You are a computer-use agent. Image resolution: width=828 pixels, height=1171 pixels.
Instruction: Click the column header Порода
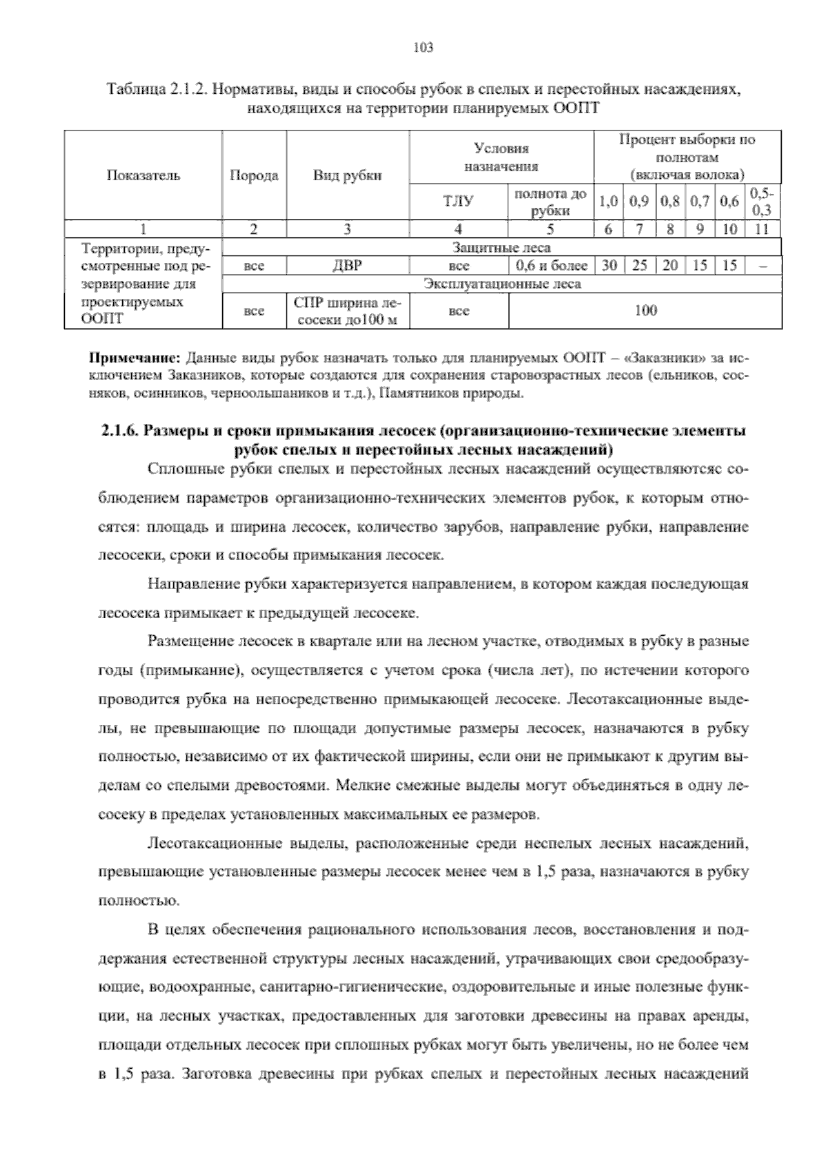253,175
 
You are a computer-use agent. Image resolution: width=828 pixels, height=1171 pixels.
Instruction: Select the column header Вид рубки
347,175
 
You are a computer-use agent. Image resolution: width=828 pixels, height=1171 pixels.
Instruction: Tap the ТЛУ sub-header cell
458,202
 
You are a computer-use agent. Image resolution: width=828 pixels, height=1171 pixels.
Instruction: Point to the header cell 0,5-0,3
762,202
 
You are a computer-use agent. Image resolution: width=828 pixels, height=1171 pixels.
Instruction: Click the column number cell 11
762,229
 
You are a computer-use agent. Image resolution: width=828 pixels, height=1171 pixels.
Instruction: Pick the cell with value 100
645,311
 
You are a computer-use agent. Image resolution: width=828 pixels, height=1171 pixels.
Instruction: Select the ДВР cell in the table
347,266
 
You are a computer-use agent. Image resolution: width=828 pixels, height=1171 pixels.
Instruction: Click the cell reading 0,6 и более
551,266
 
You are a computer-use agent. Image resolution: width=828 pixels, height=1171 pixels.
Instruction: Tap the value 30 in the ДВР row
608,266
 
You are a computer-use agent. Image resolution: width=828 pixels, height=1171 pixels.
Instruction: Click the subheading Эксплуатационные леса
502,284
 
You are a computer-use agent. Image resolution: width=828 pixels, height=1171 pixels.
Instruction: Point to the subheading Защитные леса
502,247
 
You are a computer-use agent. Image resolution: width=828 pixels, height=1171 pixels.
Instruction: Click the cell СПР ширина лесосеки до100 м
347,311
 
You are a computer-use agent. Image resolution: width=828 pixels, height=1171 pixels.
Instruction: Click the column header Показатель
143,175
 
